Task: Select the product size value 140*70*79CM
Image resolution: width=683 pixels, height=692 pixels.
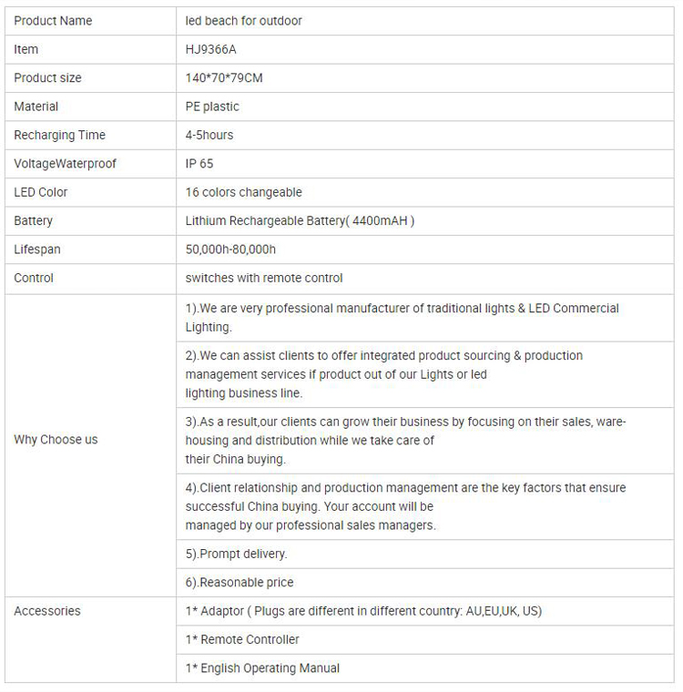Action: tap(224, 78)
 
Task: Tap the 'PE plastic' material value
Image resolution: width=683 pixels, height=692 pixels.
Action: tap(212, 107)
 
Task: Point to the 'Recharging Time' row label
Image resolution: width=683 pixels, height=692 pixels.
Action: tap(59, 135)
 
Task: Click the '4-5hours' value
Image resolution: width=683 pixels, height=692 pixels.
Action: tap(209, 135)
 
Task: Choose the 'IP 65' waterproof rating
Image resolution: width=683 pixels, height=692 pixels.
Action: tap(199, 164)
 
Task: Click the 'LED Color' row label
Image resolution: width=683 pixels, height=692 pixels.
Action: tap(41, 192)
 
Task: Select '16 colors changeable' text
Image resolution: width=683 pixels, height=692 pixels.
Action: tap(243, 192)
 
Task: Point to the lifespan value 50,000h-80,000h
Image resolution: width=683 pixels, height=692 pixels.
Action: tap(230, 249)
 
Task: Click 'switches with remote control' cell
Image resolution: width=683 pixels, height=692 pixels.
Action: tap(264, 278)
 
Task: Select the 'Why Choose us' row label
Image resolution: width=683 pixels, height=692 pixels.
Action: tap(56, 439)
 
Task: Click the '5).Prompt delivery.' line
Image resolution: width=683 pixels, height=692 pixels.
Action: tap(236, 554)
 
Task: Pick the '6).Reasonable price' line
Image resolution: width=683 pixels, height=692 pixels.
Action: tap(240, 582)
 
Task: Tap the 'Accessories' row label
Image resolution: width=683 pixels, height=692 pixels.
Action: tap(47, 611)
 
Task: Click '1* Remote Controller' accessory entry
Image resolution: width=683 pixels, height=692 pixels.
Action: tap(242, 639)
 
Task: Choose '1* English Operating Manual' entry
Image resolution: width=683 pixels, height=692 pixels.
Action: tap(262, 668)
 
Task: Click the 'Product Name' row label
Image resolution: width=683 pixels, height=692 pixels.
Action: tap(53, 21)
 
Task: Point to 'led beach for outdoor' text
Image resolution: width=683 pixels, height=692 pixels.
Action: tap(243, 21)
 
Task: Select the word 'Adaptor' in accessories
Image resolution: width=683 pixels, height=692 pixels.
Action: tap(223, 611)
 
